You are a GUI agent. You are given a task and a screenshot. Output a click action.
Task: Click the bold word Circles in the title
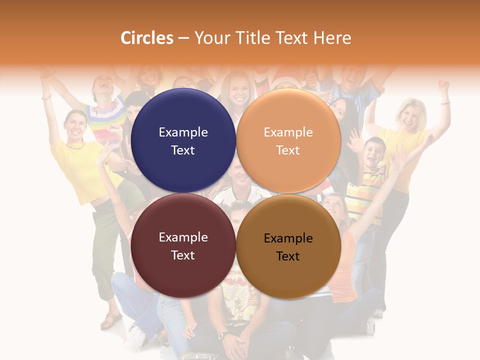[147, 38]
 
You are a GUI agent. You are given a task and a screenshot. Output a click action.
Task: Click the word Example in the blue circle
[183, 132]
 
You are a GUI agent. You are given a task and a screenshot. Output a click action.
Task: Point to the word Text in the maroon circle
[183, 255]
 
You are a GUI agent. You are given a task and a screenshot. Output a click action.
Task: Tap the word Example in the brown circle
[288, 238]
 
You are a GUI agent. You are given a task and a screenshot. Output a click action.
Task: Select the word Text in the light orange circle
[288, 150]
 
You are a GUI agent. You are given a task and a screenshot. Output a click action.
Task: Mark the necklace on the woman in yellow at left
[75, 146]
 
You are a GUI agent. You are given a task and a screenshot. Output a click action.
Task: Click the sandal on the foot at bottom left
[111, 320]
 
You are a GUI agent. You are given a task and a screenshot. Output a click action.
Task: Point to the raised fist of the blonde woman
[443, 85]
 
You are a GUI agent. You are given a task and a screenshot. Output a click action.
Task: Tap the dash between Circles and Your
[183, 38]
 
